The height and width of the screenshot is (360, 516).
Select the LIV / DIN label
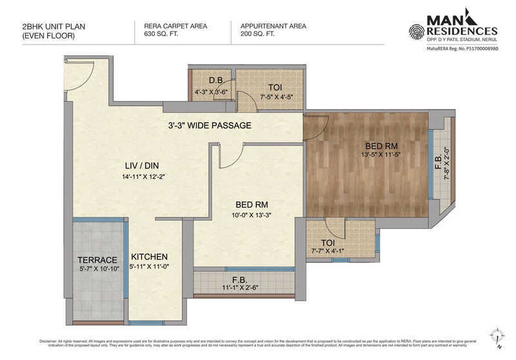pos(141,165)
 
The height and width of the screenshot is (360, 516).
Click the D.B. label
pos(207,81)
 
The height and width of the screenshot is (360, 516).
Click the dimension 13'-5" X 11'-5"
pos(368,155)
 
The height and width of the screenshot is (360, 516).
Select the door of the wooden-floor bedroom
pos(316,128)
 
